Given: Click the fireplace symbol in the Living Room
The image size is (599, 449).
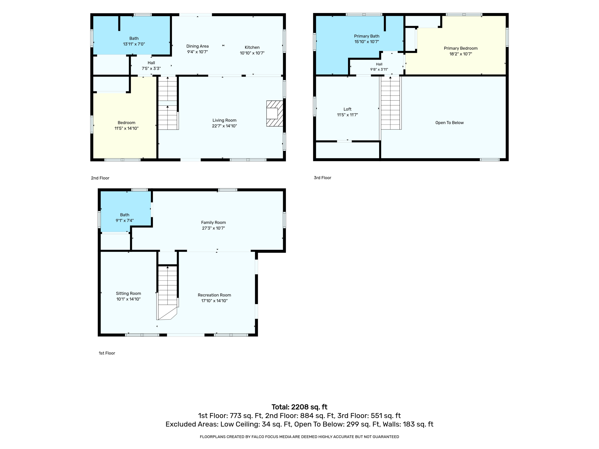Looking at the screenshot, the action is coord(275,113).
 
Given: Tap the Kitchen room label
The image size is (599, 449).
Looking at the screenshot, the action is coord(252,47).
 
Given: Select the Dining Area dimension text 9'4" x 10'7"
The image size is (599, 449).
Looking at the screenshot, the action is coord(197,52).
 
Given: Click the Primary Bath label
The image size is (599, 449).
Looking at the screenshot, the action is coord(367,36).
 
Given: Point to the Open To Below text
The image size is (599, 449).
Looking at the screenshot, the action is coord(449,123).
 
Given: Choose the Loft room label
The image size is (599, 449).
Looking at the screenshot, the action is coord(347,109).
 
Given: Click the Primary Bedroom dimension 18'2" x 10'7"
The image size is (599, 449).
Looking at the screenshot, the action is coord(461,54).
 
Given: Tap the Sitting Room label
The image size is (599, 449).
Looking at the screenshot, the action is coord(128,293).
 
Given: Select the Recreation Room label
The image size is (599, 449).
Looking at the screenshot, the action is coord(214,295).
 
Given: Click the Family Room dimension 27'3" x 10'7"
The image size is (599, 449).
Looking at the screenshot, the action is coord(213,228).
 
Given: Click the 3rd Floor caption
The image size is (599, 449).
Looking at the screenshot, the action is coord(322,178).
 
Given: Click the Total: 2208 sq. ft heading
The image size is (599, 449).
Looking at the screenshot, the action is coord(299,407).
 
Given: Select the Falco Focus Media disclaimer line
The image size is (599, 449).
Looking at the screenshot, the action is coord(299,437).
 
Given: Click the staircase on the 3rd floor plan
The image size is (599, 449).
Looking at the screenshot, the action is coord(391,103).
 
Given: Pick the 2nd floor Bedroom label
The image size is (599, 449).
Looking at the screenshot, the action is coord(126,123).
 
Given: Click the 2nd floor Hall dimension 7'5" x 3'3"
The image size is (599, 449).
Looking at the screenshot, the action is coord(151,68).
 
